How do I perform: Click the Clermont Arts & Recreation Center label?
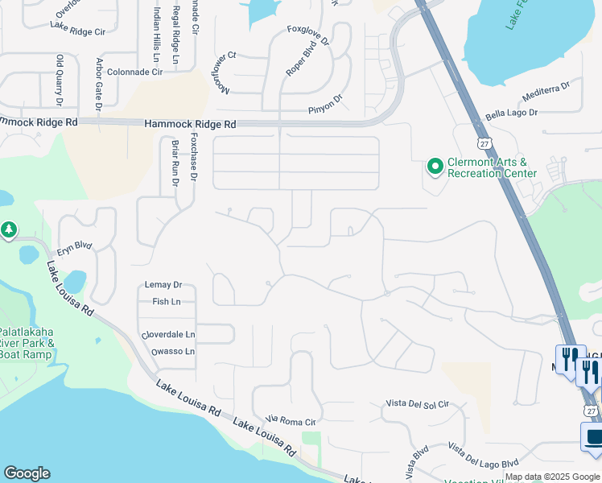(492, 167)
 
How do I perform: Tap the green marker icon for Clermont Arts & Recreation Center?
(435, 167)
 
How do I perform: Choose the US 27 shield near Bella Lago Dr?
(483, 142)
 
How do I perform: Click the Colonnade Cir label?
(135, 72)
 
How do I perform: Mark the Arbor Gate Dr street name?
(99, 84)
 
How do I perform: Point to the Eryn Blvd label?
(75, 246)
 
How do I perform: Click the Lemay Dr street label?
(163, 285)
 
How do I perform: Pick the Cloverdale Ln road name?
(168, 334)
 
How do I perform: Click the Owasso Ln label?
(172, 352)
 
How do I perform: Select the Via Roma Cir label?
(291, 420)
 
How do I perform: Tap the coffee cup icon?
(592, 438)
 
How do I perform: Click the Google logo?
(27, 473)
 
